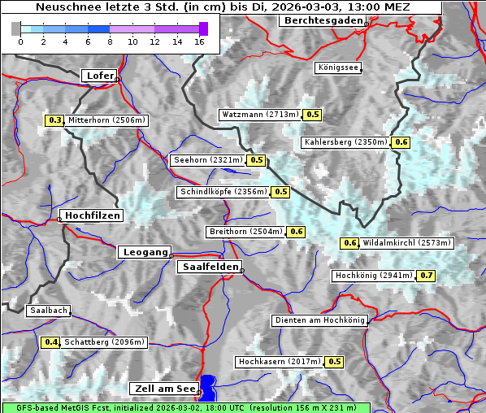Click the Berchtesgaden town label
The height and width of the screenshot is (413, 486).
tap(322, 20)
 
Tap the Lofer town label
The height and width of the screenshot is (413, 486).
tap(99, 76)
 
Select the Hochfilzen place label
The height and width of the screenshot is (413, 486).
tap(92, 215)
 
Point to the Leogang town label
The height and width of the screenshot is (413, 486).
tap(145, 252)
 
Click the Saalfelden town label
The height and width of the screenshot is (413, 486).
tap(209, 267)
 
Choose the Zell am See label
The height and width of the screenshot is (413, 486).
tap(163, 389)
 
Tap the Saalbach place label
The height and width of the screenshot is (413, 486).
tap(48, 311)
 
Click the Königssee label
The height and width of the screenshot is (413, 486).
tap(338, 67)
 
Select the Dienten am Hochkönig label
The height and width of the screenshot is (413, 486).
tap(319, 320)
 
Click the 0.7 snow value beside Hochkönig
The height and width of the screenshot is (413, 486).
tap(427, 276)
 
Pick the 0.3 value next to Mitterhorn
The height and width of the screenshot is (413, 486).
tap(54, 120)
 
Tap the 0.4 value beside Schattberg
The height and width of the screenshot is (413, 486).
tap(51, 342)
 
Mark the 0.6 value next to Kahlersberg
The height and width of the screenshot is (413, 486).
tap(401, 142)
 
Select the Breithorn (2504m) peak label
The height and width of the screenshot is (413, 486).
tap(245, 232)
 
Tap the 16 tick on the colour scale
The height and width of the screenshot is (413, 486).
tap(199, 41)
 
